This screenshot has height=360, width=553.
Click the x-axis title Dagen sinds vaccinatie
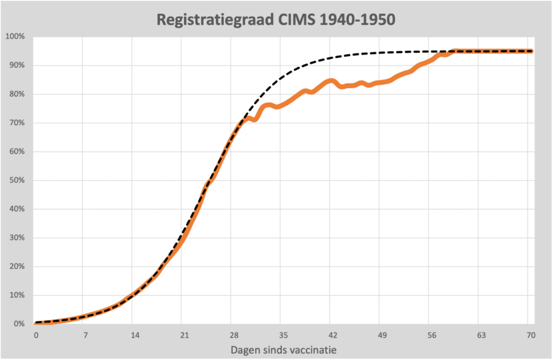click(284, 350)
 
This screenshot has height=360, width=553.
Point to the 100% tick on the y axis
click(15, 36)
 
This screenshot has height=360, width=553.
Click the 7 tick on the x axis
click(85, 335)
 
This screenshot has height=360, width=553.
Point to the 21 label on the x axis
click(184, 335)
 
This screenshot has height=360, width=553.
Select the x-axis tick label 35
click(283, 335)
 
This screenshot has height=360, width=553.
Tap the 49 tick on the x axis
click(382, 335)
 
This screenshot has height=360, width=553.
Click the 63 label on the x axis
click(481, 335)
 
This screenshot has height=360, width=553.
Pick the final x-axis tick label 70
click(530, 335)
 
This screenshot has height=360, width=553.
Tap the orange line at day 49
click(382, 82)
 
